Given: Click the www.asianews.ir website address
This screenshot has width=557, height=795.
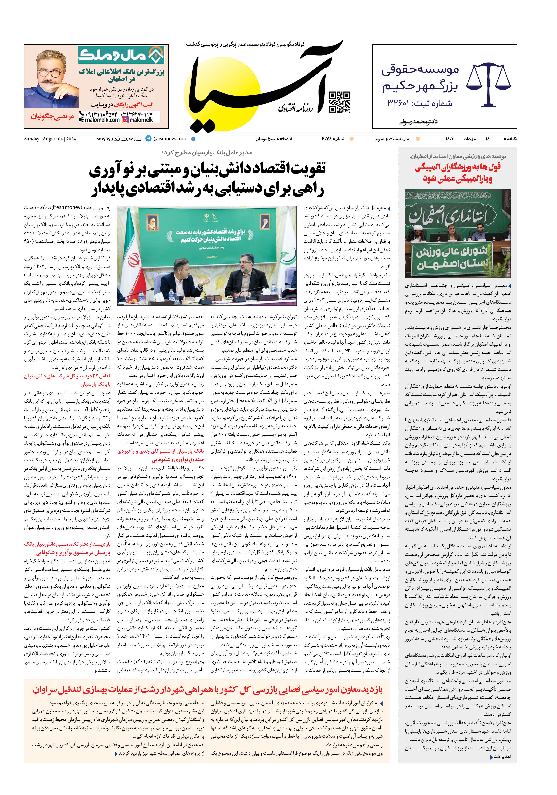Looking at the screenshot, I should tap(119, 139).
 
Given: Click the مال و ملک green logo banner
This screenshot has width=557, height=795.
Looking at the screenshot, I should tap(121, 55).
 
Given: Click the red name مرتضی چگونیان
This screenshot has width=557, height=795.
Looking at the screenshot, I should tap(52, 116).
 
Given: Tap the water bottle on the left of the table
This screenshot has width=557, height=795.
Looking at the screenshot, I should tap(171, 296).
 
